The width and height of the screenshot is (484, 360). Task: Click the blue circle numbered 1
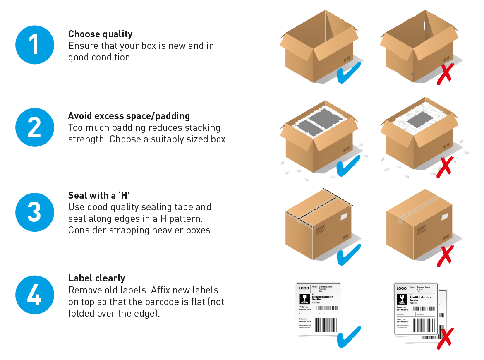point(35,45)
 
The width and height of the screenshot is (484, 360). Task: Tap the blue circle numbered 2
point(35,127)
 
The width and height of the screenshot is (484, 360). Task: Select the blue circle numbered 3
point(35,212)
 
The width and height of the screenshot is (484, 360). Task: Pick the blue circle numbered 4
point(35,295)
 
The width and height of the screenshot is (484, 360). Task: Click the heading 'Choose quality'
point(101,34)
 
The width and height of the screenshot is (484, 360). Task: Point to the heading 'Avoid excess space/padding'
point(129,116)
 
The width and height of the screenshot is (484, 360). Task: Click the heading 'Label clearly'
point(97,278)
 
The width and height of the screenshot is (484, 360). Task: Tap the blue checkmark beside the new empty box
point(348,72)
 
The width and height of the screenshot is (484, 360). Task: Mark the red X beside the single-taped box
point(445,255)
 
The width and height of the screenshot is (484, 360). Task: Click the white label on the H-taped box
point(344,216)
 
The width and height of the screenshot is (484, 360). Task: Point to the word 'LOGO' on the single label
point(304,288)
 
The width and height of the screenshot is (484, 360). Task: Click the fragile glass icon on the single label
point(304,298)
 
